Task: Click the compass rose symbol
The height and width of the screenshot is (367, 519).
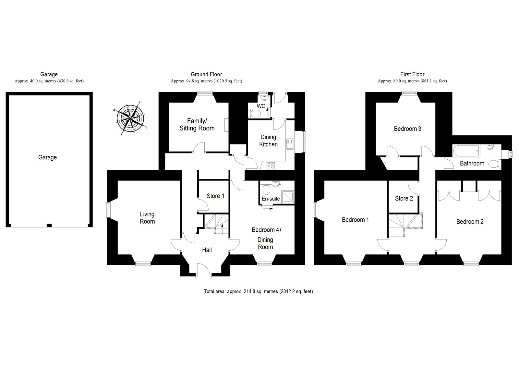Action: point(130,118)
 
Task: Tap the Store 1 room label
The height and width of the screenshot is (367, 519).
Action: point(215,196)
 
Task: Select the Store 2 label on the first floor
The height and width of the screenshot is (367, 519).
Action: point(404,199)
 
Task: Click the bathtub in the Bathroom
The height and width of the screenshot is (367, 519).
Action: point(466,151)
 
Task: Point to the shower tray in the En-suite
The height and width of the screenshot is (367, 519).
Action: point(288,197)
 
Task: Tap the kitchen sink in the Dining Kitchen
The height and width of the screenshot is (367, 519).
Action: point(290,144)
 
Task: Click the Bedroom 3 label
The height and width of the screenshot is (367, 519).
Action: point(407,129)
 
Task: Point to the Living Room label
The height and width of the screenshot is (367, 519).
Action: point(147,218)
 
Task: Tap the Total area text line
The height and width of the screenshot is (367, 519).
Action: point(258,291)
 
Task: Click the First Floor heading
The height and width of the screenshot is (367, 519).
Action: point(412,74)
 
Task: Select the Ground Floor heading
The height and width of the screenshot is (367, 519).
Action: point(206,74)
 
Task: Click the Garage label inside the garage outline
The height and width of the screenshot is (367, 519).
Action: point(47,157)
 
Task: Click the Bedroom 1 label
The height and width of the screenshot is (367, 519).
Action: point(355,220)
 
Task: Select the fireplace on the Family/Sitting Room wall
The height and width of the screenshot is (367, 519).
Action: point(226,125)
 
